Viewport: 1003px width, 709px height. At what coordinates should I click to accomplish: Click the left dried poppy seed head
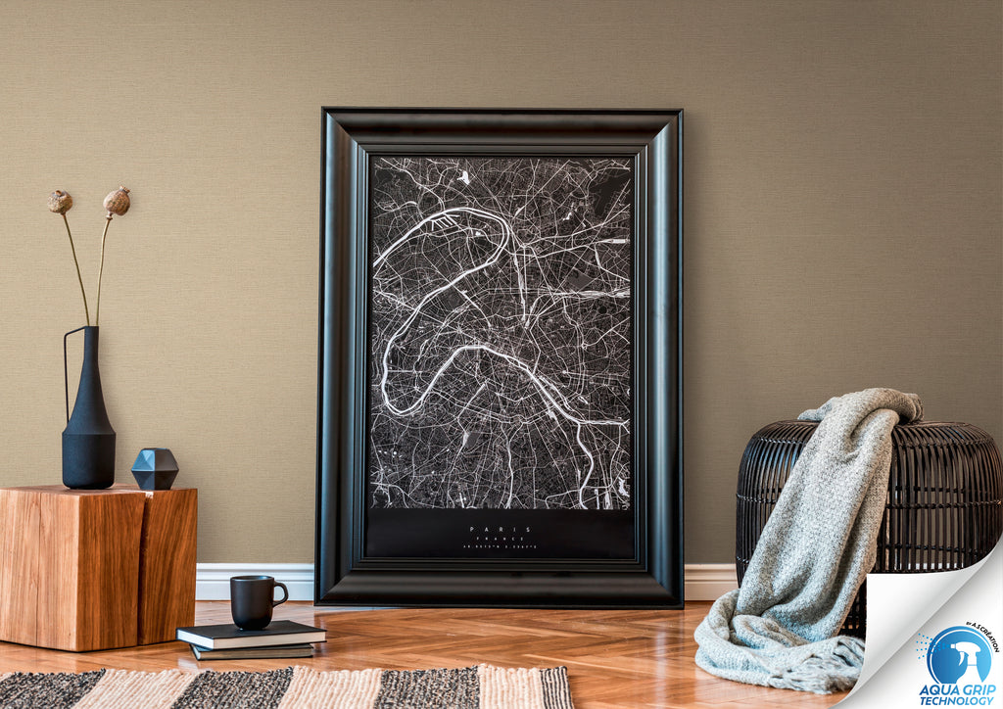click(x=60, y=202)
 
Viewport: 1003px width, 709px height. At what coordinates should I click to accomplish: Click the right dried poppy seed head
click(x=117, y=202)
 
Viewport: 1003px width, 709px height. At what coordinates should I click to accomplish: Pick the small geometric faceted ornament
click(x=155, y=468)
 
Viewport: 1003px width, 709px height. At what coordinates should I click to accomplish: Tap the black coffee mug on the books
click(x=253, y=601)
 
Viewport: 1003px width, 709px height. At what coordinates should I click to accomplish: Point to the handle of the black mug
click(x=280, y=591)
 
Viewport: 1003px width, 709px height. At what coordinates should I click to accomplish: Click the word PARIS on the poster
click(x=501, y=530)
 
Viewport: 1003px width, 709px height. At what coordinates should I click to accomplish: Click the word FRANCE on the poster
click(x=501, y=540)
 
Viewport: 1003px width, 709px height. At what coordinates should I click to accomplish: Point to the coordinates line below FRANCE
click(x=501, y=548)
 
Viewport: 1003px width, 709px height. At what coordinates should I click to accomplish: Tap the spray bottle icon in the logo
click(x=958, y=653)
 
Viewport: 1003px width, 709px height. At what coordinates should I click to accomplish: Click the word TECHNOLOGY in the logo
click(x=957, y=701)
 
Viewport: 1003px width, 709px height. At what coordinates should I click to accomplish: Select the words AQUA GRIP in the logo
click(x=957, y=689)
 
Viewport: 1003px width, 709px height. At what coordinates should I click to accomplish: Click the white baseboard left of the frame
click(x=255, y=581)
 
